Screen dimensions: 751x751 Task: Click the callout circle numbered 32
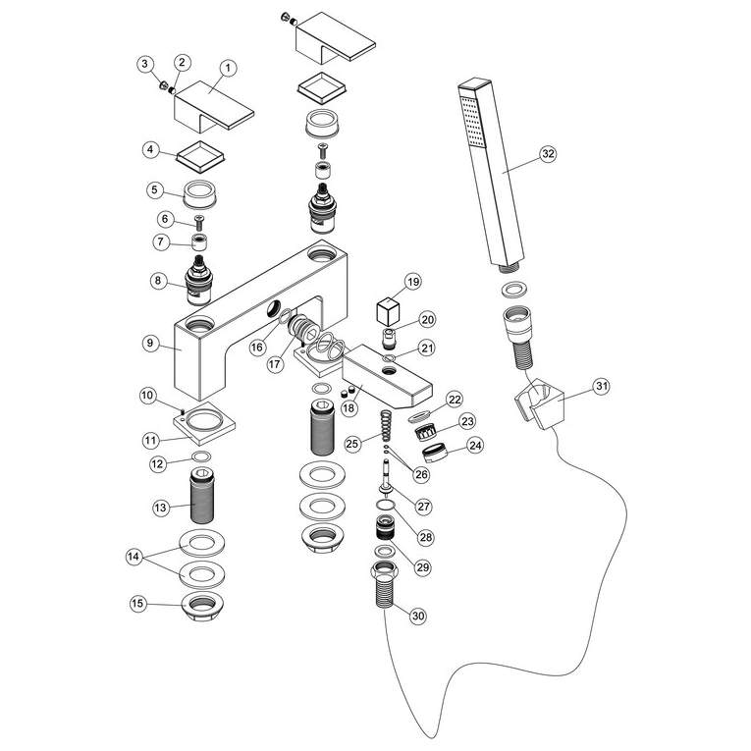click(x=547, y=154)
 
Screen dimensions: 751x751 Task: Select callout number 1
click(x=227, y=68)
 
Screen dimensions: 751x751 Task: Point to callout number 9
click(x=149, y=343)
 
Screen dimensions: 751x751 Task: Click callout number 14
click(x=134, y=557)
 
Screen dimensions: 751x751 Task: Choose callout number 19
click(x=411, y=283)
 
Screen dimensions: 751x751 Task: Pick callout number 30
click(x=417, y=616)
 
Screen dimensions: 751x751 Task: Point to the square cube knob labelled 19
click(x=390, y=312)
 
